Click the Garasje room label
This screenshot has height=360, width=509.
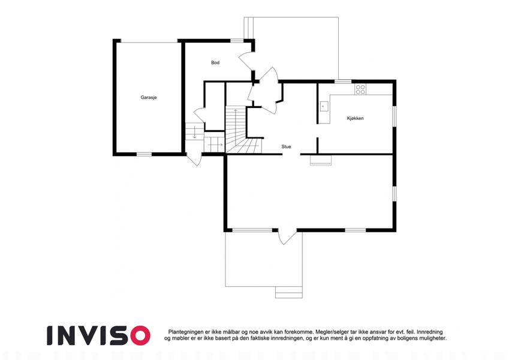coord(149,97)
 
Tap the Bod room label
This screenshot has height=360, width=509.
coord(215,62)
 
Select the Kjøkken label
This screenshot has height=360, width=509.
coord(355,118)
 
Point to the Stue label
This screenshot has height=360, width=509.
coord(286,146)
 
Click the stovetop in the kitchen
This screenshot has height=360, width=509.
coord(360,89)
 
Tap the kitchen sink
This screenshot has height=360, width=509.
coord(324,106)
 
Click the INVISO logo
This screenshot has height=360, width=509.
coord(98,335)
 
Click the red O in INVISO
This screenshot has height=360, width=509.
coord(140,335)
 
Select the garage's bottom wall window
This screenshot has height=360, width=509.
coord(144,154)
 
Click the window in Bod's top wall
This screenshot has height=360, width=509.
coord(237,41)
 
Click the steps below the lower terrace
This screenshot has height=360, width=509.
coord(289,292)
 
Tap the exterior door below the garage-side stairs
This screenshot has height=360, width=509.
coord(194,159)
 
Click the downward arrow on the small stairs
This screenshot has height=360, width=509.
coord(194,132)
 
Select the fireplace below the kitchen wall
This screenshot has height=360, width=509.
coord(321,160)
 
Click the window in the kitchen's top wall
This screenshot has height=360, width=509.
coord(343,81)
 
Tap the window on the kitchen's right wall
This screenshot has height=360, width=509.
coord(394,116)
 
